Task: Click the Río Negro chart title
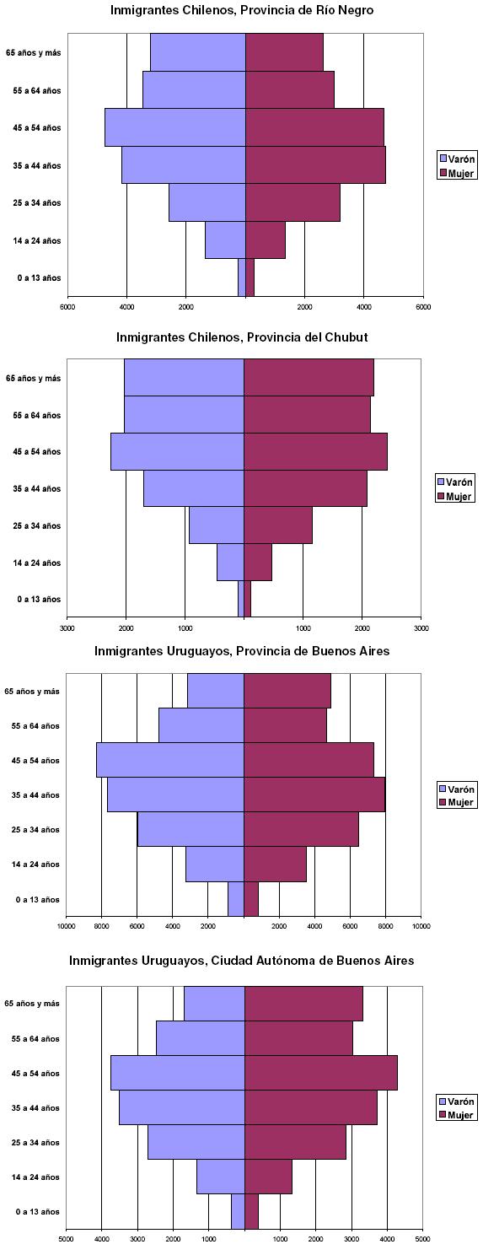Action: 242,10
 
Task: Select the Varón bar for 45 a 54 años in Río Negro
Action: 175,127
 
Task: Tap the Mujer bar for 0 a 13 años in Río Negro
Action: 250,277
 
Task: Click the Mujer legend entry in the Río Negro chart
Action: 456,174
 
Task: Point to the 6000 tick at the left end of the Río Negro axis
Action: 67,307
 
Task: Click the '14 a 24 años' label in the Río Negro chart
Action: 37,241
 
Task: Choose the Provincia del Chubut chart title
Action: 242,337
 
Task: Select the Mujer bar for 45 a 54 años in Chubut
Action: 315,451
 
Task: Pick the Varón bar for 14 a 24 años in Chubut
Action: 231,562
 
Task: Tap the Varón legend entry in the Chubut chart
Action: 454,482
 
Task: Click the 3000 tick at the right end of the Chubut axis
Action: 421,628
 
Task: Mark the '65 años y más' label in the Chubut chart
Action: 33,378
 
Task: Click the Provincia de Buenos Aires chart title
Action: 242,651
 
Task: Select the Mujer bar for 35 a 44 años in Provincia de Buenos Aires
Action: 314,794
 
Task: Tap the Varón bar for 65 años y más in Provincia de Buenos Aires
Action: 216,690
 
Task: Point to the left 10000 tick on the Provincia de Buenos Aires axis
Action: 66,926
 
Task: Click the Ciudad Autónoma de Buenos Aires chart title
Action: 242,961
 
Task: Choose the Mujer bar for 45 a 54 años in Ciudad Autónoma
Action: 321,1073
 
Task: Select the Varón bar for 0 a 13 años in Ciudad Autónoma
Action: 239,1211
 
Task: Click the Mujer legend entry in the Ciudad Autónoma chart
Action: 456,1115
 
